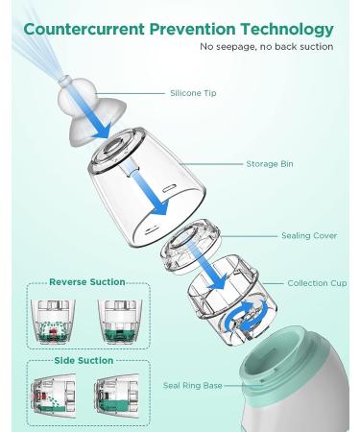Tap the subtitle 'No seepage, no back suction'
coord(266,46)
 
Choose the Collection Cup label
coord(311,283)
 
